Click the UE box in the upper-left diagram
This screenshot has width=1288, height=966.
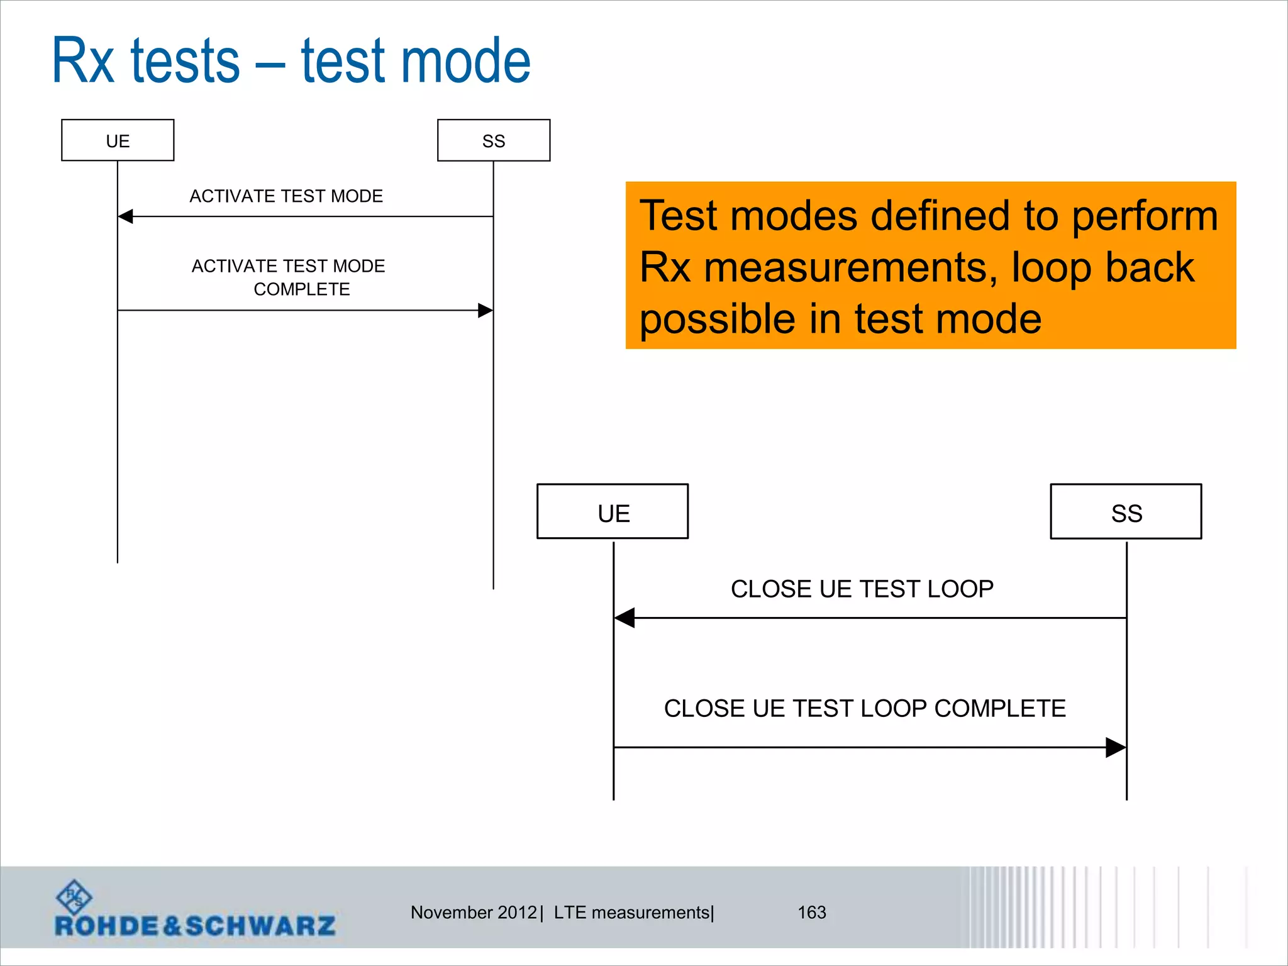[118, 140]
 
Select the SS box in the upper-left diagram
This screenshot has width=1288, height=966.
[494, 140]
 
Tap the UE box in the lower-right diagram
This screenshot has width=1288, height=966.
[613, 511]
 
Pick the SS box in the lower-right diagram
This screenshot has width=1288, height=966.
[1126, 511]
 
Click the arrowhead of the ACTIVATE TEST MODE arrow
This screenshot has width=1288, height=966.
[126, 216]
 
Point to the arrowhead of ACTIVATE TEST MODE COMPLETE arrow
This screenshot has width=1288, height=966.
[485, 310]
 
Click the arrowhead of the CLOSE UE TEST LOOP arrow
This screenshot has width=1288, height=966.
[625, 618]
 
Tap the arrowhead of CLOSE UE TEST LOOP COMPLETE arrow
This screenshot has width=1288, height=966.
[1116, 747]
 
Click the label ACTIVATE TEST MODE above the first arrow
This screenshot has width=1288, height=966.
[286, 196]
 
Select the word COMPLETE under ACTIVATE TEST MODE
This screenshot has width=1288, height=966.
[302, 289]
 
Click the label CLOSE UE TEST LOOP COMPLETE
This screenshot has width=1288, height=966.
[865, 709]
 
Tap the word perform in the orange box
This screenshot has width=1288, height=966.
[1145, 216]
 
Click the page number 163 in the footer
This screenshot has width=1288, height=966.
[811, 912]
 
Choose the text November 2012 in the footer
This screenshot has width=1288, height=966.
[474, 912]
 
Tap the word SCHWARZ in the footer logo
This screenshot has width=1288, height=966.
[260, 926]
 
